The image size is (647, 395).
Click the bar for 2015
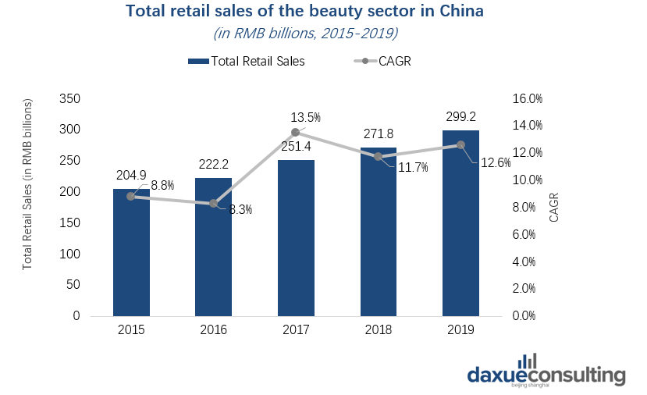pos(131,252)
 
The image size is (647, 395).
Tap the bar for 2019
pos(460,223)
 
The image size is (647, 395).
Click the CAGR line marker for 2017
pos(296,132)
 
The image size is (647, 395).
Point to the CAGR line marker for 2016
pos(213,204)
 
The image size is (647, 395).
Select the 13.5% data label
pos(306,117)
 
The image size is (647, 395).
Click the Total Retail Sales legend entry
pos(246,61)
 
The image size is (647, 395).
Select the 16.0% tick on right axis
pos(527,98)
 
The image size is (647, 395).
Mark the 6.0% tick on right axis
pos(527,234)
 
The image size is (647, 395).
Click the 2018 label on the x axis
pos(379,330)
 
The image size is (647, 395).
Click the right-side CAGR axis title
pos(554,207)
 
